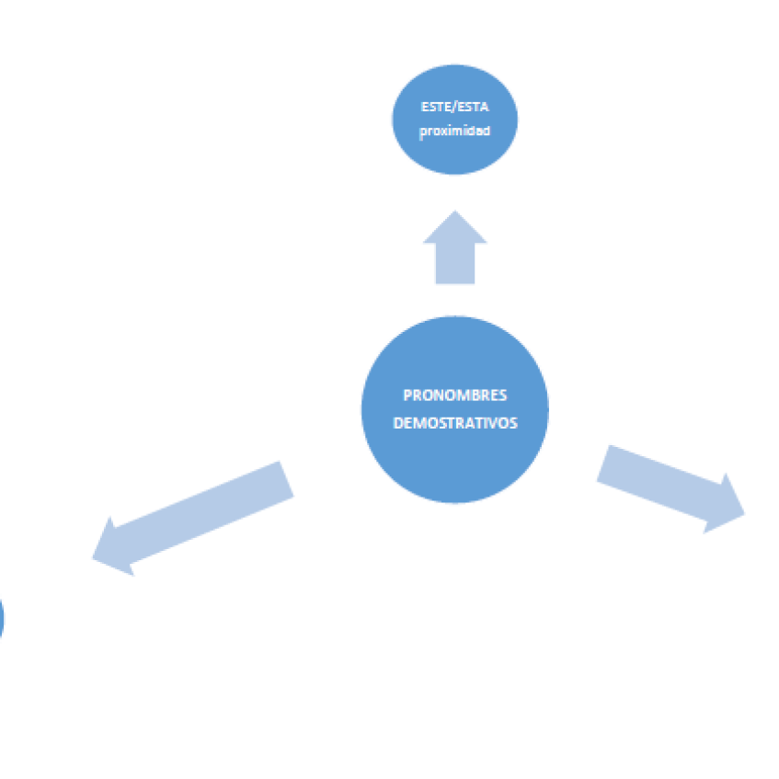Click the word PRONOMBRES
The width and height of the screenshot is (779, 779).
click(454, 395)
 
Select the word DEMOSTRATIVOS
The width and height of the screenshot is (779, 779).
click(455, 423)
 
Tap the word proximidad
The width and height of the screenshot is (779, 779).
click(454, 132)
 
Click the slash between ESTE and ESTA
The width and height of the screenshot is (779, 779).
click(454, 107)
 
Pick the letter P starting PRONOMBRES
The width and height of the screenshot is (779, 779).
click(407, 395)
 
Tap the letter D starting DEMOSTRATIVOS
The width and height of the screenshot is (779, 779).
click(398, 423)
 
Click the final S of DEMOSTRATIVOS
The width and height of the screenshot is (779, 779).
click(513, 423)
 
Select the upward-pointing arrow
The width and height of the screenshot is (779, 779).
click(454, 247)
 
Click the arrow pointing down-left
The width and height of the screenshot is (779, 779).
click(193, 518)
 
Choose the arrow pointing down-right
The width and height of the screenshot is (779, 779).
click(670, 489)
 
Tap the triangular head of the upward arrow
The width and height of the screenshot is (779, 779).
click(454, 230)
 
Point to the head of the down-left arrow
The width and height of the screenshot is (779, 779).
click(113, 549)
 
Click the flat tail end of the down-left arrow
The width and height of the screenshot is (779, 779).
click(286, 478)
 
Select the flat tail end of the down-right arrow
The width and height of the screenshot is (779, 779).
click(602, 463)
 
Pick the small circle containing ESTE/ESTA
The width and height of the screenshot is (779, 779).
click(454, 120)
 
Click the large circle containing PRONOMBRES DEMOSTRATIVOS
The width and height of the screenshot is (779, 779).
click(454, 409)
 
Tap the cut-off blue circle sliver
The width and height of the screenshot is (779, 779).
click(2, 618)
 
